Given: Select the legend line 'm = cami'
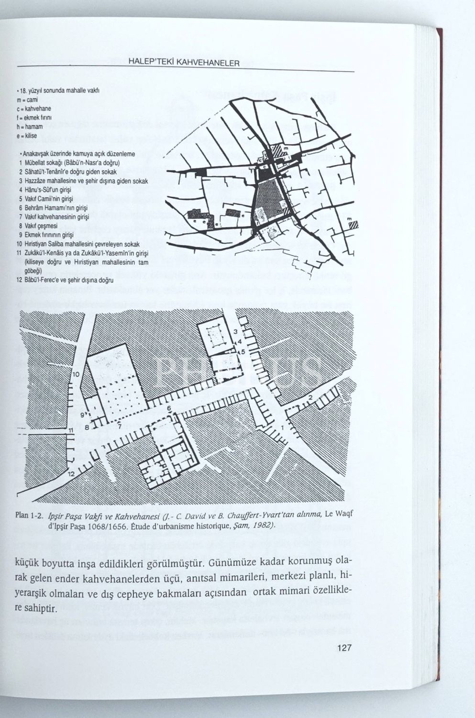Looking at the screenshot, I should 27,100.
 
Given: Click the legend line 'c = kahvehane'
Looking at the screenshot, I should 33,109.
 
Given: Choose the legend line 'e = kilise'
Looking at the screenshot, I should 27,136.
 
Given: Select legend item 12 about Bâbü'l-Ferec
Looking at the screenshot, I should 65,280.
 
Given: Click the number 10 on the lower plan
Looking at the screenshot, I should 76,374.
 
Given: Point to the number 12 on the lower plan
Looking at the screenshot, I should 71,473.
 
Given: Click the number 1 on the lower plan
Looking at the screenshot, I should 283,427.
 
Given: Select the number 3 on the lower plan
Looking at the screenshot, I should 235,331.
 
